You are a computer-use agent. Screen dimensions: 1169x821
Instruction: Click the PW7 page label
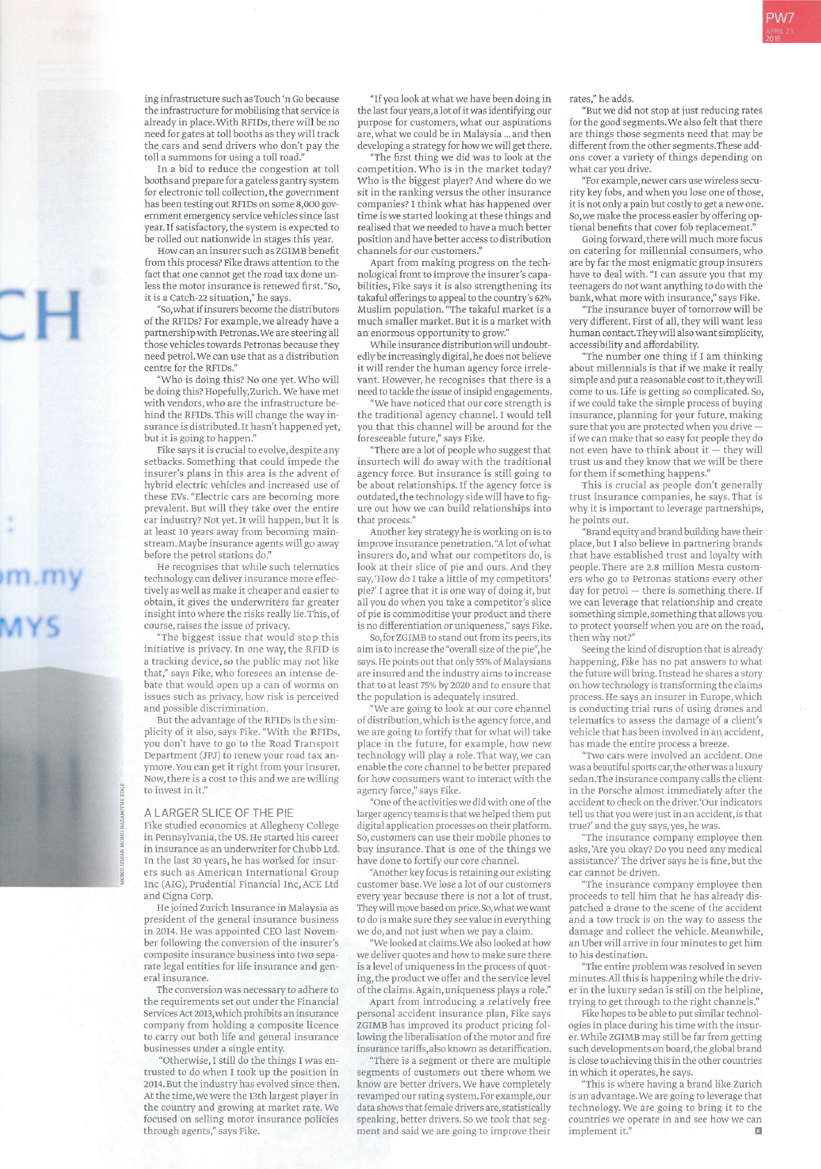pyautogui.click(x=780, y=18)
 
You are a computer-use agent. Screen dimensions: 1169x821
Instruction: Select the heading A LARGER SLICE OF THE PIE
pyautogui.click(x=218, y=813)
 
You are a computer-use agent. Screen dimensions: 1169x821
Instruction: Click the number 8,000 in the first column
pyautogui.click(x=273, y=204)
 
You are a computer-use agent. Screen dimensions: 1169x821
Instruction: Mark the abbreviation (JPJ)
pyautogui.click(x=210, y=755)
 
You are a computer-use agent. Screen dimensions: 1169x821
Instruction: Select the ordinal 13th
pyautogui.click(x=245, y=1095)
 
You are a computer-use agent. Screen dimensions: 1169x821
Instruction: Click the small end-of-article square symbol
pyautogui.click(x=758, y=1131)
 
